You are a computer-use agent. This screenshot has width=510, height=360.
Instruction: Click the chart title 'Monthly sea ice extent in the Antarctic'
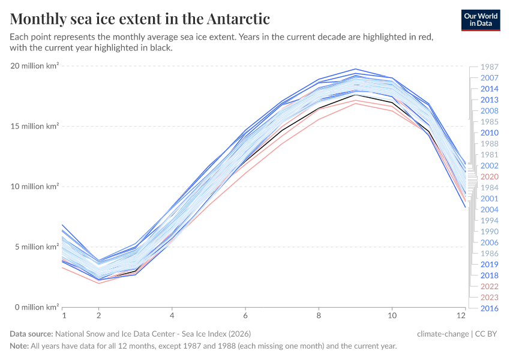click(x=140, y=18)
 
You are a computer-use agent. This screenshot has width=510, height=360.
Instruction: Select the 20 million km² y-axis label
click(x=35, y=66)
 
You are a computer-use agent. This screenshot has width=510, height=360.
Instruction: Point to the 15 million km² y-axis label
click(x=35, y=126)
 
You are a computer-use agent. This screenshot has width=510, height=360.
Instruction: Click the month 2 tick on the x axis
click(x=99, y=314)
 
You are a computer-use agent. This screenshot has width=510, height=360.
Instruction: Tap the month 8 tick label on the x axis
click(x=319, y=314)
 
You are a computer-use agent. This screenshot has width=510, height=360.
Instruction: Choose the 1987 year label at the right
click(x=489, y=67)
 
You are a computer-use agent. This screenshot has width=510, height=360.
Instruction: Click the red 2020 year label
click(x=489, y=177)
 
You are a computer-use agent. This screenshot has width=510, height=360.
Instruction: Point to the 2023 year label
click(x=489, y=297)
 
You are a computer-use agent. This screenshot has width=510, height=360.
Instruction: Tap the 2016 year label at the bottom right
click(x=489, y=308)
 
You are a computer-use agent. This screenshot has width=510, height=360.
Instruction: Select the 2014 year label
click(x=489, y=89)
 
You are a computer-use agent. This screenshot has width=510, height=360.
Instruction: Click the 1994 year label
click(x=489, y=221)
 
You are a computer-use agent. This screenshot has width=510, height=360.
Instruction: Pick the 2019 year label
click(x=489, y=264)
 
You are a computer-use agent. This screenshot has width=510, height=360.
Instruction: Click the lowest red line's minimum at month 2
click(x=99, y=283)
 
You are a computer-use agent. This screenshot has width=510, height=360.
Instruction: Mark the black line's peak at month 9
click(x=356, y=95)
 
